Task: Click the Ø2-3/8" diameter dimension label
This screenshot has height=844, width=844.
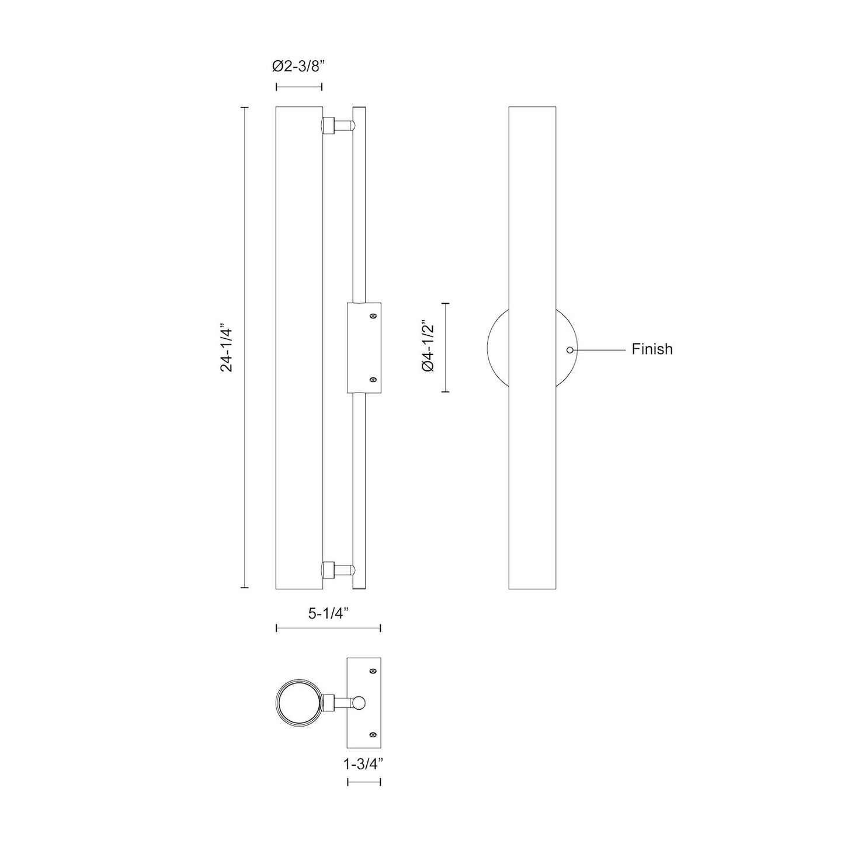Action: tap(298, 67)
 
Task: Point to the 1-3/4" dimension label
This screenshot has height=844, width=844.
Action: tap(363, 763)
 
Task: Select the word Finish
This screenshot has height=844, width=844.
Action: tap(652, 349)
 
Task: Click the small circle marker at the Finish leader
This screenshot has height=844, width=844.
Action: tap(569, 350)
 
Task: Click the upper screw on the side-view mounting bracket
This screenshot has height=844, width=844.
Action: tap(373, 316)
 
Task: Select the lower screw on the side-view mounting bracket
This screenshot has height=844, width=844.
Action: tap(373, 380)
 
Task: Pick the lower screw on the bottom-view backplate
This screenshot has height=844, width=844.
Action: tap(373, 734)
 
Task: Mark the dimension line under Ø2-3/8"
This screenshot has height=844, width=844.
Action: tap(298, 87)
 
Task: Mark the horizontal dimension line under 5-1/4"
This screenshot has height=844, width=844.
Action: tap(328, 628)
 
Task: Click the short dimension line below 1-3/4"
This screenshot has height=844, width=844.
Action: tap(364, 782)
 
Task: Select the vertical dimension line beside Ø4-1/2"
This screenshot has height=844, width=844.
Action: tap(446, 348)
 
